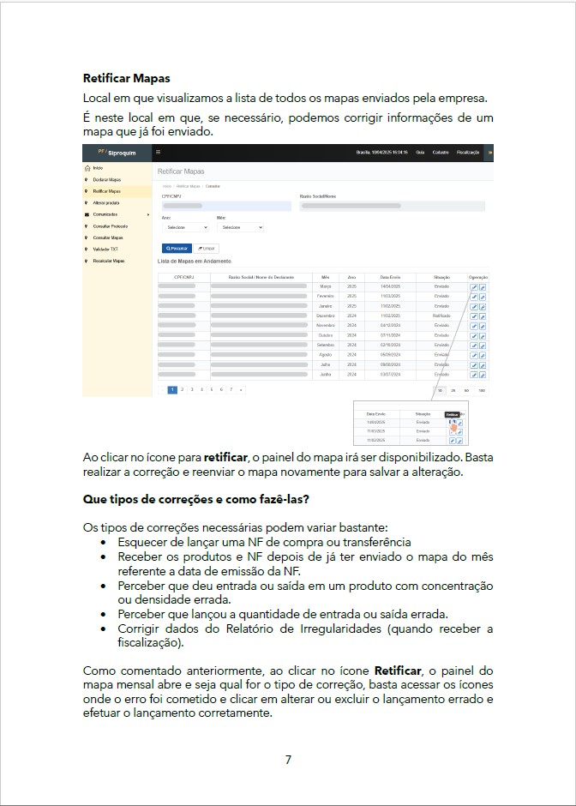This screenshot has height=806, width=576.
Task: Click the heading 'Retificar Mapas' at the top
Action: (127, 78)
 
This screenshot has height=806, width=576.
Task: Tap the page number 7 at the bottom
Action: (288, 759)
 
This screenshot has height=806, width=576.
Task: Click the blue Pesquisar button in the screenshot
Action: (177, 248)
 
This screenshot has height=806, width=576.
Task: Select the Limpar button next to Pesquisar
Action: (207, 248)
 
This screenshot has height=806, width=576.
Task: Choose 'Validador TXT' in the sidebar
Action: (105, 249)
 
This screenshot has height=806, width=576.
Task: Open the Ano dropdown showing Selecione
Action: (185, 228)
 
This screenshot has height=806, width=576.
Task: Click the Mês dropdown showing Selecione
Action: (240, 228)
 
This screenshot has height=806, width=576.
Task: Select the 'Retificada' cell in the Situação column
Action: (441, 316)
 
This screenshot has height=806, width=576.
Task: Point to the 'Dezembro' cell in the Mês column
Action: (326, 316)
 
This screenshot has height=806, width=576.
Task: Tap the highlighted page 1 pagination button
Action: (172, 389)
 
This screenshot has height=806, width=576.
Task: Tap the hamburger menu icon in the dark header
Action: (158, 152)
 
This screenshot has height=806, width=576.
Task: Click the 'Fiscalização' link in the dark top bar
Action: (468, 152)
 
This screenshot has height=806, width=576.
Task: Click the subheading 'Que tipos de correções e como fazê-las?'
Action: (196, 499)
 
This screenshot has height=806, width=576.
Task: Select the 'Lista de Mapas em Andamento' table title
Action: (195, 261)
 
